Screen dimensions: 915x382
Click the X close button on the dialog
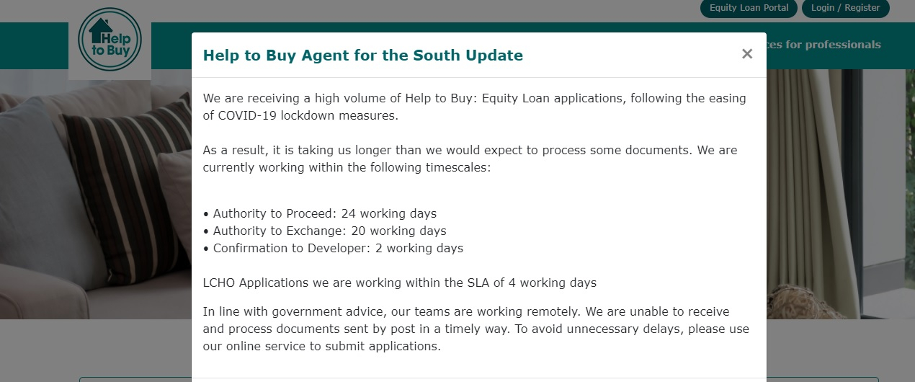pyautogui.click(x=746, y=54)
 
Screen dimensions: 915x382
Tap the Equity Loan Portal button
pyautogui.click(x=749, y=8)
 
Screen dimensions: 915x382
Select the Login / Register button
pyautogui.click(x=846, y=8)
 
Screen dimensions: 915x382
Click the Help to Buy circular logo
pyautogui.click(x=110, y=39)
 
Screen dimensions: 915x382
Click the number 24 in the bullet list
pyautogui.click(x=348, y=213)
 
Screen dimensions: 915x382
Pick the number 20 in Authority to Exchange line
pyautogui.click(x=358, y=231)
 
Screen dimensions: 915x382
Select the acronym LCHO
pyautogui.click(x=218, y=283)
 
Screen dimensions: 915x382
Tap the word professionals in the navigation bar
pyautogui.click(x=843, y=45)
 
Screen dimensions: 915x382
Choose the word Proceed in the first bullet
pyautogui.click(x=311, y=213)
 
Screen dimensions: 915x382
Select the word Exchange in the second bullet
pyautogui.click(x=316, y=231)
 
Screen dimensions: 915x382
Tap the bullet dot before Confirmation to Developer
pyautogui.click(x=206, y=249)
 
